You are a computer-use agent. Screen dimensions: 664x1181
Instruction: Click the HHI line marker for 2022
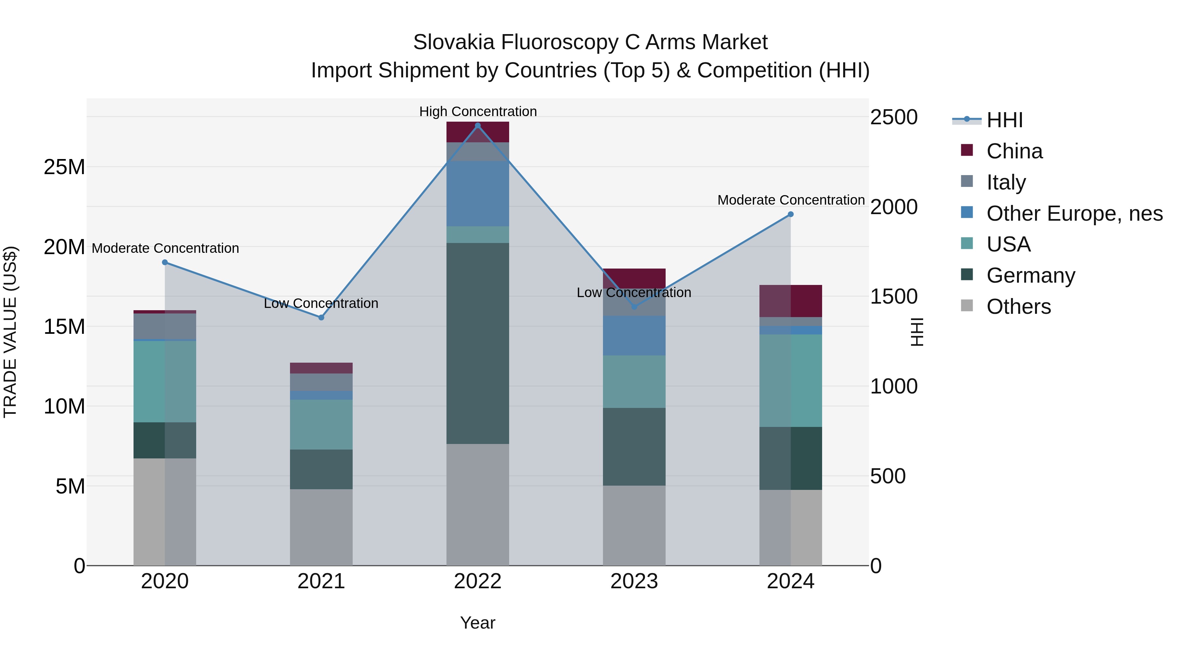(x=478, y=126)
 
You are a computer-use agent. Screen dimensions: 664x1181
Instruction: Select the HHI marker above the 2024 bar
(x=790, y=214)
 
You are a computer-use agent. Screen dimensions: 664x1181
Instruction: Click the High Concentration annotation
(x=478, y=111)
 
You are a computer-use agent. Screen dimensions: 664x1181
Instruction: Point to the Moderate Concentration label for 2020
(x=165, y=248)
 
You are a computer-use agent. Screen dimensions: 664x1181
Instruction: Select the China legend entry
(x=1014, y=151)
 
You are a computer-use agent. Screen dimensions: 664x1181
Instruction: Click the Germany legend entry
(x=1031, y=275)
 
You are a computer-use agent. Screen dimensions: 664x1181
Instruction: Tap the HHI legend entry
(x=1004, y=120)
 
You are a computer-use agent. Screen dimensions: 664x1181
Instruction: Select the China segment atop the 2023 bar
(x=634, y=278)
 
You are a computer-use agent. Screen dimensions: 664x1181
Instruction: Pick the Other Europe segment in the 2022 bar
(x=478, y=193)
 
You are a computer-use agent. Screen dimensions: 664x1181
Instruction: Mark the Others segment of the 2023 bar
(x=634, y=525)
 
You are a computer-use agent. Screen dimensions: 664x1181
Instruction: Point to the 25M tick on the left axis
(x=64, y=167)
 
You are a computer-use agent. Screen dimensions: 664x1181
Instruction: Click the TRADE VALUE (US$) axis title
(x=10, y=332)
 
